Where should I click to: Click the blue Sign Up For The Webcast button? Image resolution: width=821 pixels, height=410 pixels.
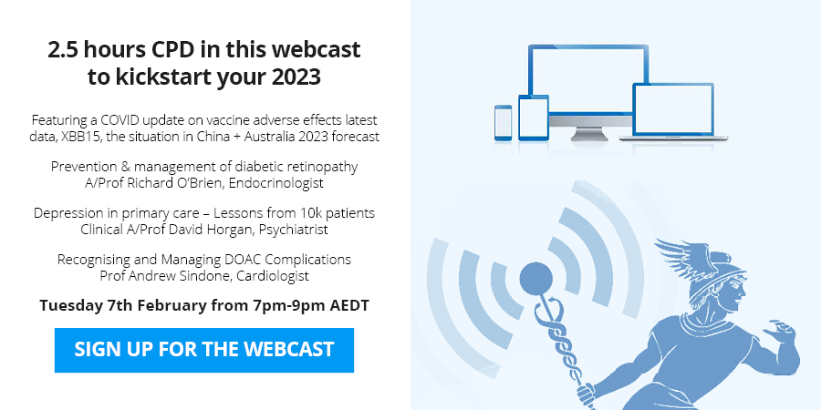point(204,350)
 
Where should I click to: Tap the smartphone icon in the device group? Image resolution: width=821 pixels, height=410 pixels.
point(504,123)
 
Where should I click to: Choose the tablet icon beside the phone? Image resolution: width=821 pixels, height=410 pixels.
point(534,118)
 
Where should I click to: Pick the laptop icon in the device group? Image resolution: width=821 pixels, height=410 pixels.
point(673,112)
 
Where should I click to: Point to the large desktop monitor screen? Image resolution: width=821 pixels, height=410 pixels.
point(588,78)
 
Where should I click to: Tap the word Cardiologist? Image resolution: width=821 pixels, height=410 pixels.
point(273,275)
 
